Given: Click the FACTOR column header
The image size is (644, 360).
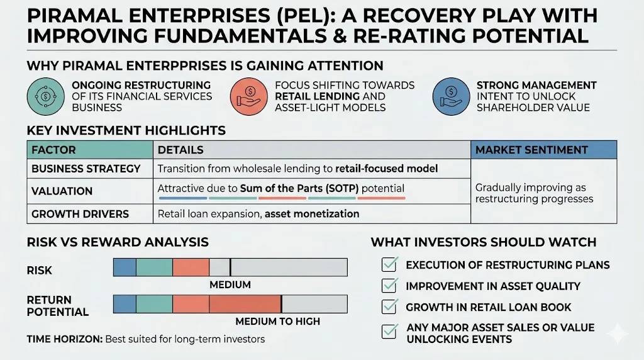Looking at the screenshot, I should [53, 150].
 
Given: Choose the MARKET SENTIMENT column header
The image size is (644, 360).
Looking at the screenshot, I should [531, 150].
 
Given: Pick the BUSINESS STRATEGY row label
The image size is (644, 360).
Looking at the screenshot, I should [86, 169].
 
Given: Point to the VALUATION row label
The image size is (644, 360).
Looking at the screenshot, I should [62, 191].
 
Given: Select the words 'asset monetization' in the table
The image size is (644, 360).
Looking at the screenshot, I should [312, 214].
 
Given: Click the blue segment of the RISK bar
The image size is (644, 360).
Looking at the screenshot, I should [125, 267].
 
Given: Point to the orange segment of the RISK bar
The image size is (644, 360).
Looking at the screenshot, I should [191, 267].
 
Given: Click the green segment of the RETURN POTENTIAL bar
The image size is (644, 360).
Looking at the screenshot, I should [154, 305].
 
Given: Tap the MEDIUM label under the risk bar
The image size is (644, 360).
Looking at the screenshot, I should [230, 285].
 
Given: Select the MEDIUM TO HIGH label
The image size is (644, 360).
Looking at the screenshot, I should [277, 322].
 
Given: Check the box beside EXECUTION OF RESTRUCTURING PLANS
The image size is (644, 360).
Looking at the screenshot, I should [390, 264].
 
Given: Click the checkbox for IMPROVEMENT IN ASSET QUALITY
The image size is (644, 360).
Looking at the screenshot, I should [390, 286].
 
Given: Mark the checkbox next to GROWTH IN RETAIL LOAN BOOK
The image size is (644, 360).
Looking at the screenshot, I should [390, 307].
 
